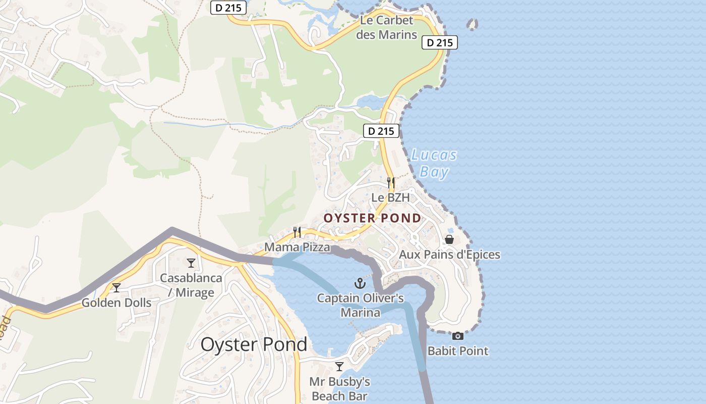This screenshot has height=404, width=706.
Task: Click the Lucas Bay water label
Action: [x=434, y=163]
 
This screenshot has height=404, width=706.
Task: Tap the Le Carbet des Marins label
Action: [x=387, y=27]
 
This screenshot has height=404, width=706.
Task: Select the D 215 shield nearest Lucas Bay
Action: [x=381, y=131]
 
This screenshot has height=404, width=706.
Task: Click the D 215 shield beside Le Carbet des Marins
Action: [x=439, y=43]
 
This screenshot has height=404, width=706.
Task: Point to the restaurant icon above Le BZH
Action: [x=390, y=182]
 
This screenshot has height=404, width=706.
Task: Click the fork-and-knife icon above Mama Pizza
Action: [x=297, y=232]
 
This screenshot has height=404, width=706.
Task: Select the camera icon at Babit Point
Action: [x=457, y=336]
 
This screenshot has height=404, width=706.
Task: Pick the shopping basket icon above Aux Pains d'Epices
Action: [x=449, y=239]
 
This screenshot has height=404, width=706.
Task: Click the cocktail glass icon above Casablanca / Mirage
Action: [x=191, y=263]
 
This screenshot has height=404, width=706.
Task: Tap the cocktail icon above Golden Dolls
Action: [x=116, y=288]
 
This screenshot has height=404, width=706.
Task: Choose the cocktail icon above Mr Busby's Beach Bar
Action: [x=339, y=366]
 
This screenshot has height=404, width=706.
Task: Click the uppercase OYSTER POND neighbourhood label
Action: [x=372, y=218]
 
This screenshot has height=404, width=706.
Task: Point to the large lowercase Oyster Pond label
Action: [x=254, y=344]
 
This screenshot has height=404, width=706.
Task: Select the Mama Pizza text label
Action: [x=297, y=247]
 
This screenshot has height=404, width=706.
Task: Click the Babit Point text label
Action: [x=458, y=350]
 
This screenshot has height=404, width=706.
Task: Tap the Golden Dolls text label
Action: [x=116, y=302]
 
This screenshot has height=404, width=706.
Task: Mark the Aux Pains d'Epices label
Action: [x=449, y=254]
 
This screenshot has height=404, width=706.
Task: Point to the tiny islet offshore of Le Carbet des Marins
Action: [x=472, y=24]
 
